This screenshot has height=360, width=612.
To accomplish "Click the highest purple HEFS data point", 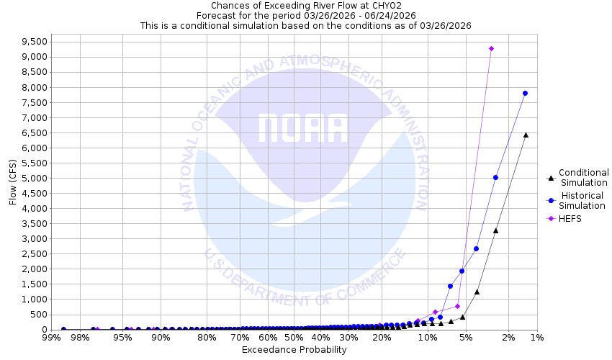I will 491,49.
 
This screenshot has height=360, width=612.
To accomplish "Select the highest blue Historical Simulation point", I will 525,93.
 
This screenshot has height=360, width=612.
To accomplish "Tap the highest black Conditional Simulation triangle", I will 526,135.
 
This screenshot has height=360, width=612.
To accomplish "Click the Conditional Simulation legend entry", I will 583,177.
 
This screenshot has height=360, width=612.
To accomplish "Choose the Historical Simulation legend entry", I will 583,200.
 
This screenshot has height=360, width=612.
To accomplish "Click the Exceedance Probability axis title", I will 294,351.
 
